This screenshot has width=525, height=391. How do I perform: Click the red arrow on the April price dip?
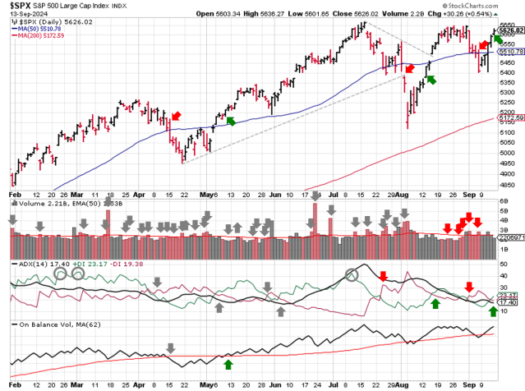click(177, 116)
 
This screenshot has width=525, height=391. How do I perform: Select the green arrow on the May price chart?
click(230, 121)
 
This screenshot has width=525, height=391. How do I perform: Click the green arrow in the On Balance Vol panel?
click(228, 362)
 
